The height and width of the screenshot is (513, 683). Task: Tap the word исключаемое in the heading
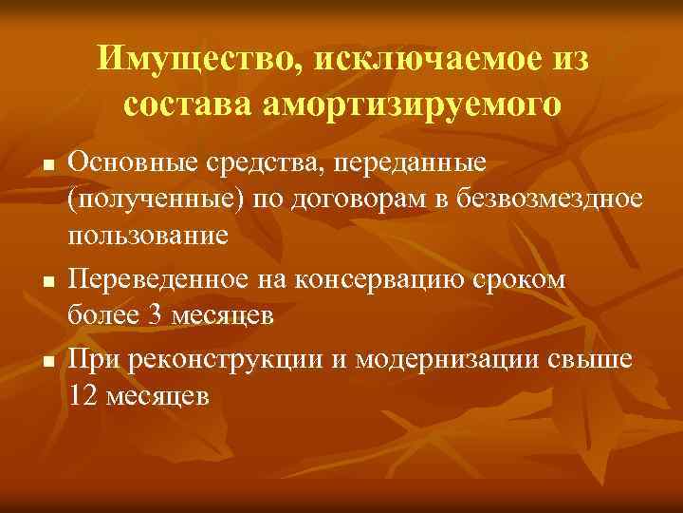tap(412, 60)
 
